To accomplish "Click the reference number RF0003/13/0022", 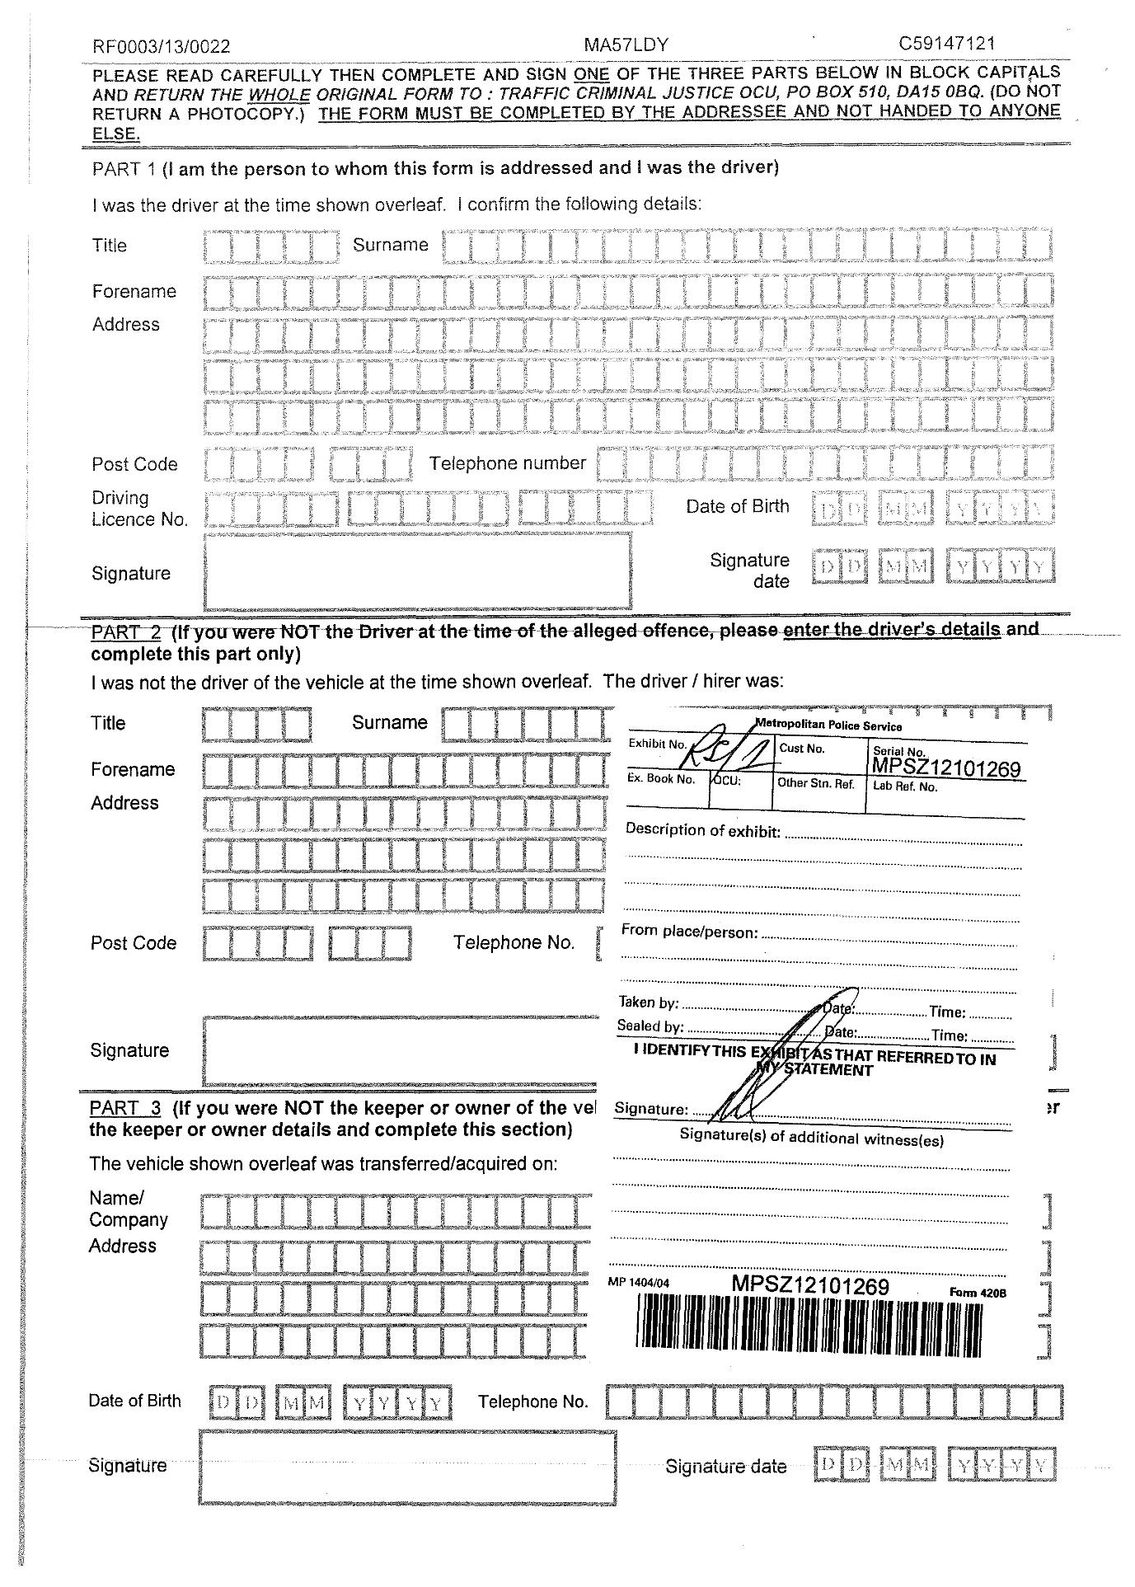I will coord(162,48).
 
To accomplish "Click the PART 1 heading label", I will coord(124,168).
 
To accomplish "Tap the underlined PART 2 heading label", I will coord(125,632).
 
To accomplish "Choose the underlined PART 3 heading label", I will coord(124,1108).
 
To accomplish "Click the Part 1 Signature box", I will coord(417,570).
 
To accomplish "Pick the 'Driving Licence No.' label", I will coord(139,509).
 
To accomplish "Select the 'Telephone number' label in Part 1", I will coord(507,463).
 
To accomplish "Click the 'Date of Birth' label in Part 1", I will coord(737,506).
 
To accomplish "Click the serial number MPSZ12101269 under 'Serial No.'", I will coord(945,769).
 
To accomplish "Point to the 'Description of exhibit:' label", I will coord(702,830).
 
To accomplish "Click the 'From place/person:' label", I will coord(689,932).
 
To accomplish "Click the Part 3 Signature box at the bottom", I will coord(407,1467).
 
